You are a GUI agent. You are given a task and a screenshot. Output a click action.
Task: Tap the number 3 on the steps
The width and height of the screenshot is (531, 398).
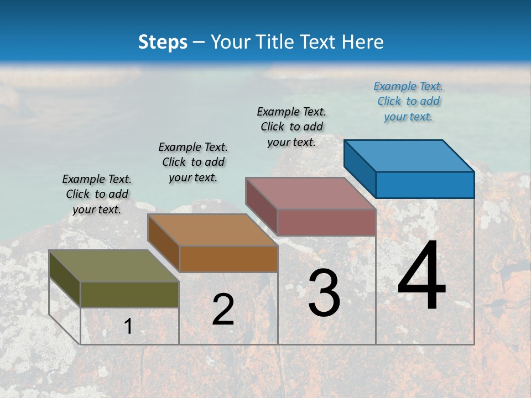point(324,293)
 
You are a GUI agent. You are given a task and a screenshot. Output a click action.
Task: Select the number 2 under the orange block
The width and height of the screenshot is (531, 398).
point(223,310)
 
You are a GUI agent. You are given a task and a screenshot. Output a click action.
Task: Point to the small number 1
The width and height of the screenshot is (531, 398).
point(128,326)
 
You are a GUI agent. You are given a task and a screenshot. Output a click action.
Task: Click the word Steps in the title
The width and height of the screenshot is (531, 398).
point(163,42)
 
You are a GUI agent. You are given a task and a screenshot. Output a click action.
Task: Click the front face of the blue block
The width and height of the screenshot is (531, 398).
point(425,185)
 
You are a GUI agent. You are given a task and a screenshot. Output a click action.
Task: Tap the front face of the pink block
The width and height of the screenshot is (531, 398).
point(326,222)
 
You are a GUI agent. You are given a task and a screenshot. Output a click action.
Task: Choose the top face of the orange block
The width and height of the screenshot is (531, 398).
point(212,229)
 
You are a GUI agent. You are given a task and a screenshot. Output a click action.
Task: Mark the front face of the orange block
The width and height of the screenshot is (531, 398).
point(228,259)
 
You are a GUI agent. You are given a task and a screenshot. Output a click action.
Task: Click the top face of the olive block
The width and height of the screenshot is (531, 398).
point(114,265)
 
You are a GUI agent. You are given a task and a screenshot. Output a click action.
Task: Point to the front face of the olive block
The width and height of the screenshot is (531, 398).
point(129,294)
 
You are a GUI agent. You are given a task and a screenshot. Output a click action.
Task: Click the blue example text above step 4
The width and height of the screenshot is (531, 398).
point(408,101)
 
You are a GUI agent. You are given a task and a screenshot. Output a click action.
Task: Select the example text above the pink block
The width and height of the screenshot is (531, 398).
point(291,127)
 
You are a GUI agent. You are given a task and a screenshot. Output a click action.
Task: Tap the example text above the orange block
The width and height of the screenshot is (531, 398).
point(193,162)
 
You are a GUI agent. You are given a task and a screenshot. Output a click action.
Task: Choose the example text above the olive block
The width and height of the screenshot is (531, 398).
point(97,194)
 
